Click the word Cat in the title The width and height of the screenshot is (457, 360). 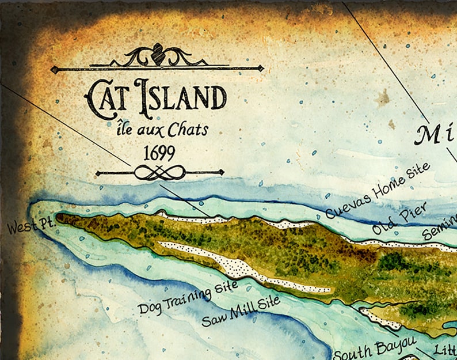click(x=107, y=95)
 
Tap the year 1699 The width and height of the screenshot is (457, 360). click(x=157, y=152)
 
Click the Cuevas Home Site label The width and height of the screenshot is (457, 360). click(x=377, y=191)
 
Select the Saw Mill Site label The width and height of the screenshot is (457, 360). click(x=240, y=311)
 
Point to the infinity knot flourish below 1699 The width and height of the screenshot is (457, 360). click(x=159, y=172)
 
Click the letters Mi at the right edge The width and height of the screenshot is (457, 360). click(x=436, y=135)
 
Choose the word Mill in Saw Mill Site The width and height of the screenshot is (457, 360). click(x=242, y=310)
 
